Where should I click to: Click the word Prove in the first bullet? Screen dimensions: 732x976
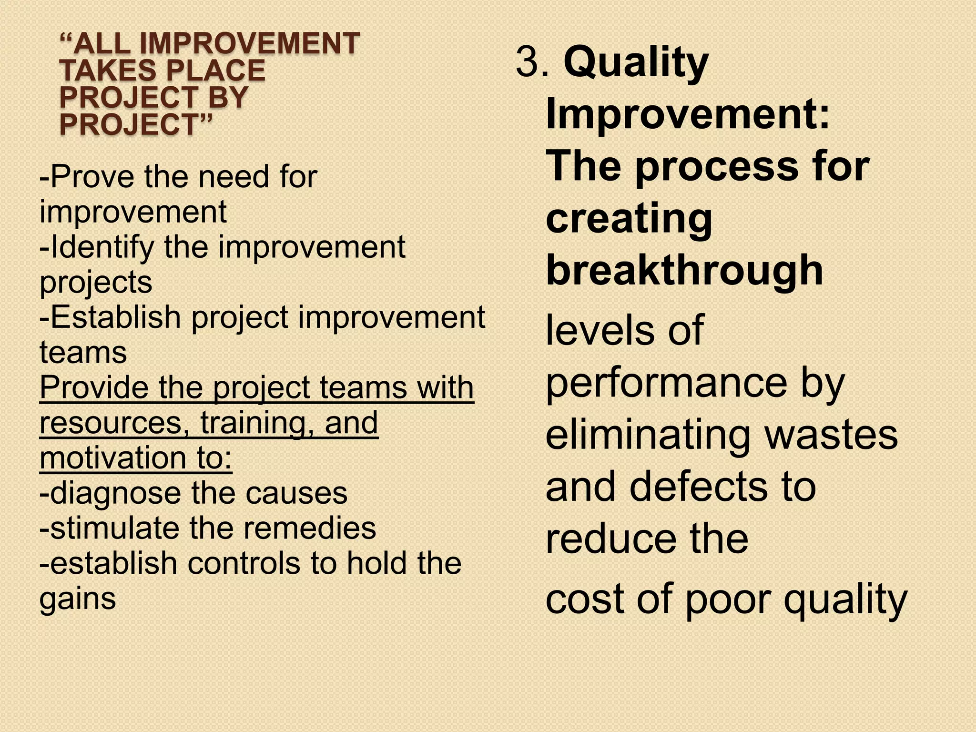(x=88, y=177)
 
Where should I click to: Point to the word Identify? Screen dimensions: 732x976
(x=102, y=248)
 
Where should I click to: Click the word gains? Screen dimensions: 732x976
(x=78, y=599)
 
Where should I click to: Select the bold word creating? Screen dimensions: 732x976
(x=629, y=218)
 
